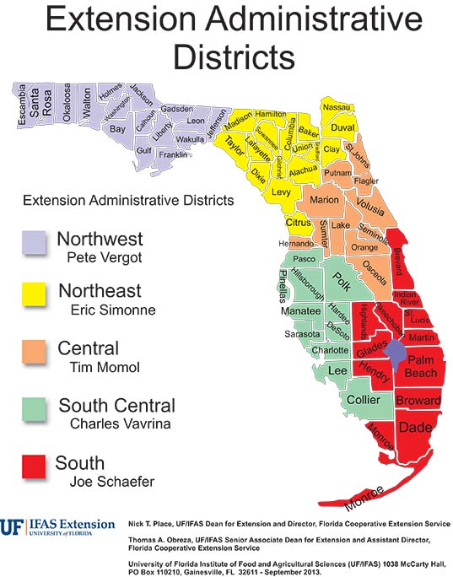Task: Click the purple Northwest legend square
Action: (x=34, y=242)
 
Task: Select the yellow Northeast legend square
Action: (x=34, y=294)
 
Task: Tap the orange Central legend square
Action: (x=34, y=351)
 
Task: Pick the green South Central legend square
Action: (x=34, y=409)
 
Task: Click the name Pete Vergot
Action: (x=100, y=256)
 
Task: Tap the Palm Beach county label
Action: (x=419, y=365)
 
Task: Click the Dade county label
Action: (x=416, y=427)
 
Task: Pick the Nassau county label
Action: (x=337, y=107)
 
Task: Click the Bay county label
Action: (x=117, y=129)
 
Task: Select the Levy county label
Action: (x=281, y=192)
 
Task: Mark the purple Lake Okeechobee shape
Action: (x=395, y=348)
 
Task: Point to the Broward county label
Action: (x=418, y=399)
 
